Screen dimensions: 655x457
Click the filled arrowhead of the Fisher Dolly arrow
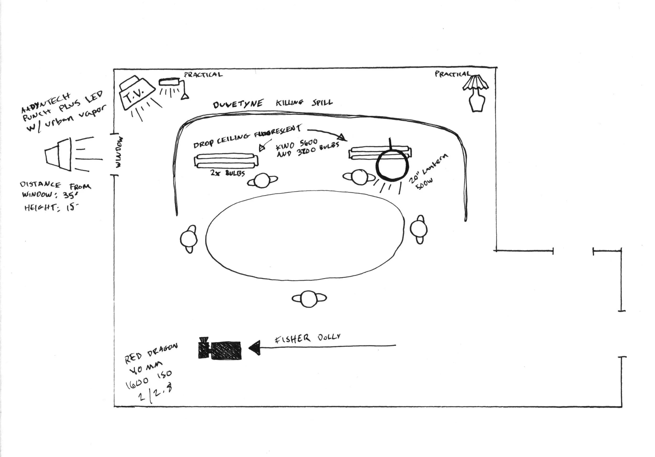[x=255, y=348]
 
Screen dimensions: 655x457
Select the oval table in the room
[x=305, y=235]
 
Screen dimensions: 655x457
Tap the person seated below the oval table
[x=309, y=298]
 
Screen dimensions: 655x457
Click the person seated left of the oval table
[x=189, y=239]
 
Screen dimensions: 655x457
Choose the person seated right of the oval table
[x=419, y=229]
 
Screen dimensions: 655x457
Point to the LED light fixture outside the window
[x=58, y=155]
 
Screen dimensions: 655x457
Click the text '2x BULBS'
[x=228, y=173]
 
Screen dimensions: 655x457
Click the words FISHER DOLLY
[x=308, y=338]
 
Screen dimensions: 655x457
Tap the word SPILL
[x=322, y=103]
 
